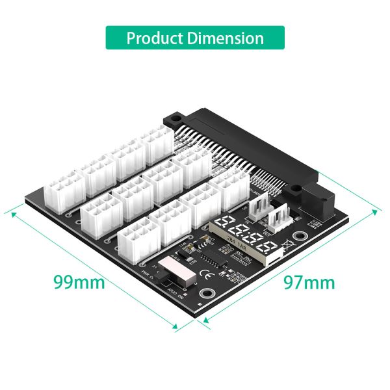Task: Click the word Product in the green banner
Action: pyautogui.click(x=154, y=38)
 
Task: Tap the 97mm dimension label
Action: pyautogui.click(x=309, y=282)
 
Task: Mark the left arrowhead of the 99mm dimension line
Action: pyautogui.click(x=9, y=211)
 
